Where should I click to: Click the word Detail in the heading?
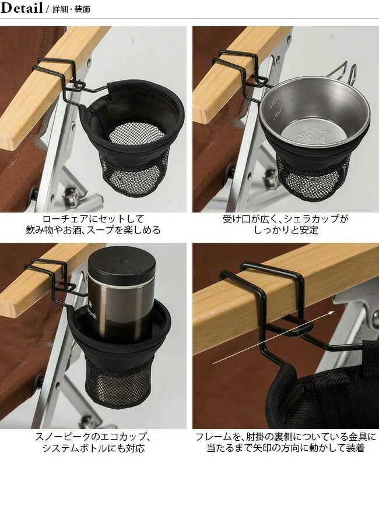pos(22,9)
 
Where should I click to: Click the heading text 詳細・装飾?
pos(71,10)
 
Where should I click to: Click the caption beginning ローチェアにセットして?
pos(93,219)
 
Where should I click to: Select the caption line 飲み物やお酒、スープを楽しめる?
pos(93,231)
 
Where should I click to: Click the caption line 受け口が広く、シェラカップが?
pos(285,219)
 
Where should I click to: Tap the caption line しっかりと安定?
pos(285,231)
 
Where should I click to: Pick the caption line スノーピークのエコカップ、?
pos(93,437)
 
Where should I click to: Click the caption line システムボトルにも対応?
pos(93,449)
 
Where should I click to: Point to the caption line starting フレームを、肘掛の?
pos(285,437)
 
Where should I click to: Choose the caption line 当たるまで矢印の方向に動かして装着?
pos(285,449)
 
